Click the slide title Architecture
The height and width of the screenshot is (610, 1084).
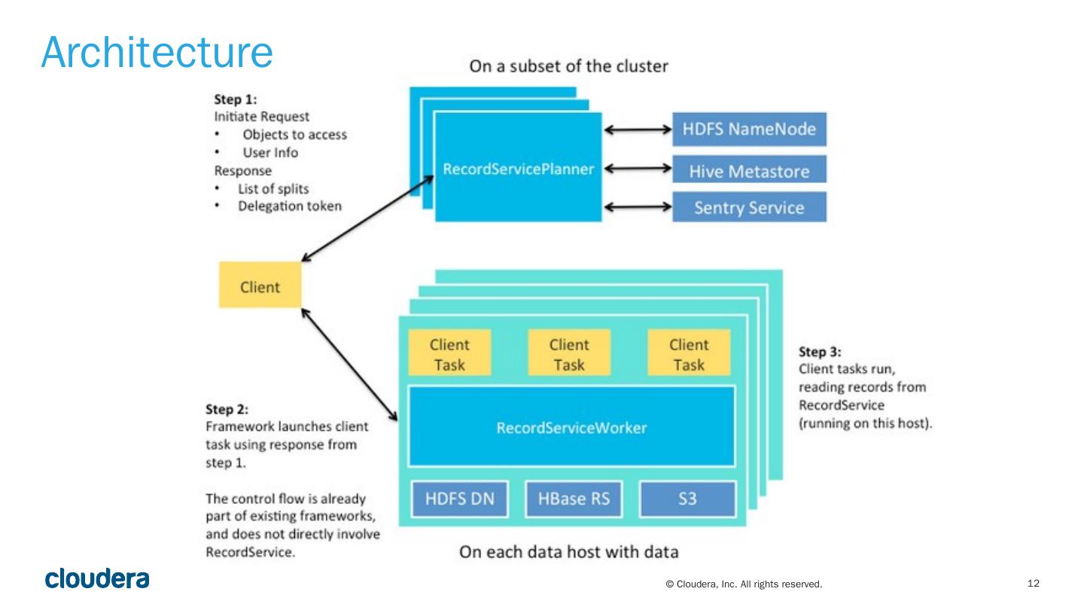point(157,52)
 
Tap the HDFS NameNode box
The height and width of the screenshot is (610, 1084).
point(748,129)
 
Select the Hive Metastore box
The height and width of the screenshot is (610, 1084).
point(748,171)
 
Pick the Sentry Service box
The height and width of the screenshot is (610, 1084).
point(748,207)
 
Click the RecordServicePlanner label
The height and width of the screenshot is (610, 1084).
point(518,169)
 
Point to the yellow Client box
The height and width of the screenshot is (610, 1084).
point(260,286)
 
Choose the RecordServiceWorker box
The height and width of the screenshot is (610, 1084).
point(571,428)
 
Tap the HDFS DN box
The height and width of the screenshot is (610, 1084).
point(460,499)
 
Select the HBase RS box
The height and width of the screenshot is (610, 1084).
point(574,499)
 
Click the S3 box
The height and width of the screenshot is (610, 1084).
point(687,499)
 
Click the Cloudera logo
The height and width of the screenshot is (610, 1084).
point(98,578)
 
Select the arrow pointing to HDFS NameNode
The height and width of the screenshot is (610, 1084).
point(638,130)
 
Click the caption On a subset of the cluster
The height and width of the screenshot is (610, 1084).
point(568,66)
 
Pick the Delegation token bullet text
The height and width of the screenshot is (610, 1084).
point(289,206)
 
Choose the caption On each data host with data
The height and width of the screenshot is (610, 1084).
point(568,552)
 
